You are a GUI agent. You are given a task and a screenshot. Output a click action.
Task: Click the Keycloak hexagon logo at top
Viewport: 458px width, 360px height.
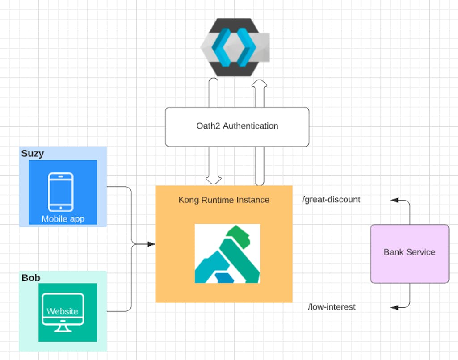pos(235,47)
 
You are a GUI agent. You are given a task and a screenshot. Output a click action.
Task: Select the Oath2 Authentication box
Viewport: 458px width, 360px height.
pos(237,127)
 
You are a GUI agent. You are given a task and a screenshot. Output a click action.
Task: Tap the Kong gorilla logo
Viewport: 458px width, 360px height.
pos(227,254)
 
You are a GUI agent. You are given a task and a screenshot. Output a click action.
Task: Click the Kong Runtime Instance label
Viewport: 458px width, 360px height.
pos(224,200)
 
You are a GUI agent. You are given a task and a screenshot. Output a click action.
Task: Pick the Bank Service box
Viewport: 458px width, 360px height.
pos(409,254)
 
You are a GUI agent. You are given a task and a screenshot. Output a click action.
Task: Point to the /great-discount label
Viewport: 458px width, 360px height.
pos(331,200)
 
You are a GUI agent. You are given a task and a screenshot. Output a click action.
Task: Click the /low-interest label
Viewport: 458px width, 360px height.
pos(332,307)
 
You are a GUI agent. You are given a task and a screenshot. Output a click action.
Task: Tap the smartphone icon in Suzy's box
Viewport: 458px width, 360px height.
pos(61,192)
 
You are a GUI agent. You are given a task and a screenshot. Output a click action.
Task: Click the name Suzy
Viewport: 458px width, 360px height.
pos(33,154)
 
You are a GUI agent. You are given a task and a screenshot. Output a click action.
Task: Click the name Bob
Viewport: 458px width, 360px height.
pos(31,278)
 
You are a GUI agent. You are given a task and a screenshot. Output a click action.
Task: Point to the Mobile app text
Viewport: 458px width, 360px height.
pos(63,219)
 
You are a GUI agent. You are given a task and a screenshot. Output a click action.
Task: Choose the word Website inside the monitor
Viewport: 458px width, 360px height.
pos(63,311)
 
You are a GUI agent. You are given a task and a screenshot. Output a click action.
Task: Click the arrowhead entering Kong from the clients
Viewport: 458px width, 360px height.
pos(151,244)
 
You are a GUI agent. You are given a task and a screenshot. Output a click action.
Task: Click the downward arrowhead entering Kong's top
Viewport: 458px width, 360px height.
pos(214,180)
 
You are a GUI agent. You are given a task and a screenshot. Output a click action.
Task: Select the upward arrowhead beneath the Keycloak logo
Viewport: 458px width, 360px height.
pos(259,83)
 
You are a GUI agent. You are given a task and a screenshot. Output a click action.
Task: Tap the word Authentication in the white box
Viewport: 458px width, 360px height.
pos(250,126)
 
